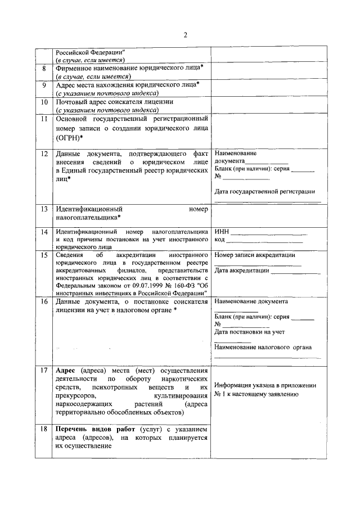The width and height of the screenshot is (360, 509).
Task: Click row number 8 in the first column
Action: [44, 69]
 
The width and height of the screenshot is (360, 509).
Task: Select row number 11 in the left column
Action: [44, 119]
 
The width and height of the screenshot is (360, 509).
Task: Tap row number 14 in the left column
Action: [44, 232]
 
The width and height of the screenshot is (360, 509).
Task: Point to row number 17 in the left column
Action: [44, 371]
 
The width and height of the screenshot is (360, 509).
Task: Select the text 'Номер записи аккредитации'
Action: [254, 255]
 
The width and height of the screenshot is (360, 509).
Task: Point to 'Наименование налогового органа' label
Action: [263, 347]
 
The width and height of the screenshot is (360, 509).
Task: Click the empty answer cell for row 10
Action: [267, 106]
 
